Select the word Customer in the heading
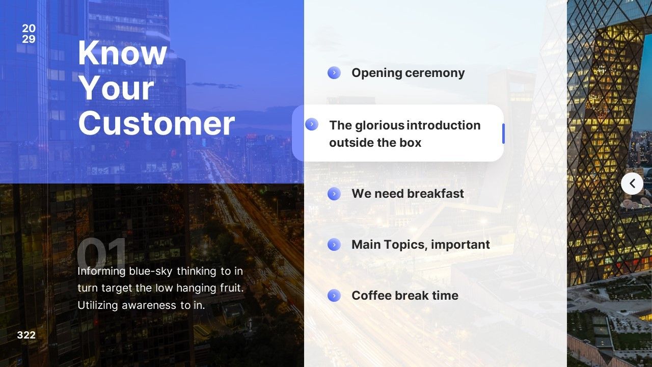pos(156,123)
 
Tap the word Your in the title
pos(116,88)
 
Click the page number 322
pos(26,335)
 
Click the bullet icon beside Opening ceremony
pos(334,72)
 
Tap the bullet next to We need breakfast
pos(334,194)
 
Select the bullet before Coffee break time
pos(334,296)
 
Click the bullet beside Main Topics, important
pos(334,245)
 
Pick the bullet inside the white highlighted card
pos(312,124)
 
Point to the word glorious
pos(380,125)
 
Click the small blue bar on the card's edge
pos(503,134)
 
